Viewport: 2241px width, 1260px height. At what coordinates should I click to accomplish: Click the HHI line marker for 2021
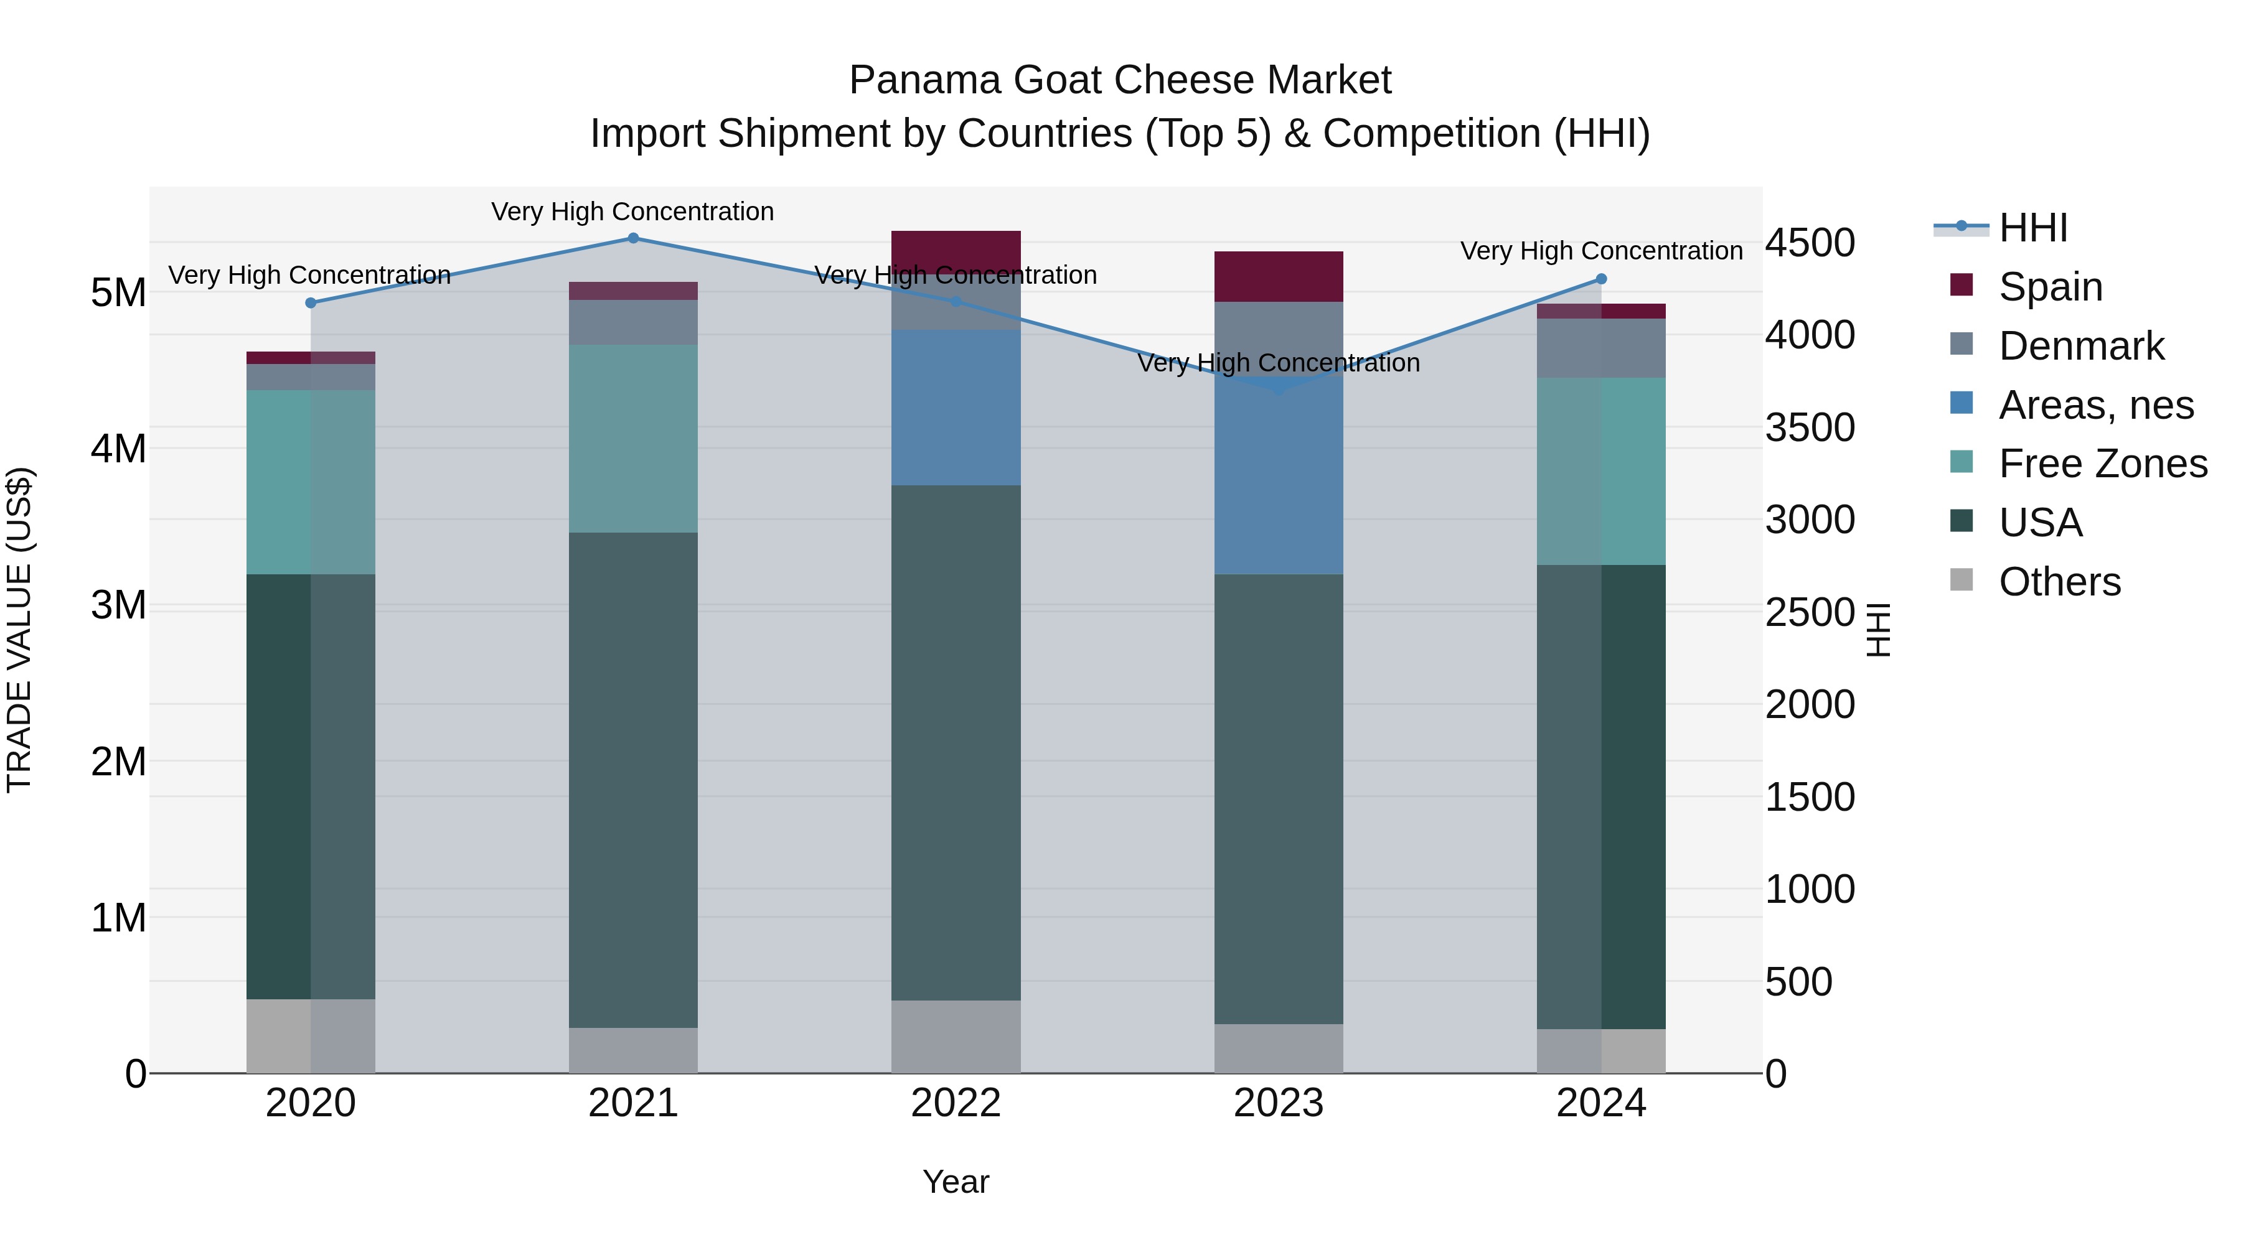click(x=633, y=238)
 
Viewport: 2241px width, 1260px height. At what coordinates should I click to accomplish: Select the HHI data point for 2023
click(x=1278, y=389)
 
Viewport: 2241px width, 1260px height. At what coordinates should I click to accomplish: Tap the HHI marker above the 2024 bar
click(x=1600, y=279)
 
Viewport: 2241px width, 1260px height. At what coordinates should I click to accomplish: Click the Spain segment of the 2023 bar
click(x=1278, y=276)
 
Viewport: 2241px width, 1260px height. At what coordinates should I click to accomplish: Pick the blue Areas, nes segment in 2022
click(x=955, y=407)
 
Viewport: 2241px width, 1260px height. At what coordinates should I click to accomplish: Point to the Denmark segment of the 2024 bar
click(x=1600, y=348)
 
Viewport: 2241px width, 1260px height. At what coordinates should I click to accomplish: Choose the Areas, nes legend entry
click(x=2095, y=405)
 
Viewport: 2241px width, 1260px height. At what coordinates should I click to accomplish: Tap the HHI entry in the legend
click(x=2032, y=228)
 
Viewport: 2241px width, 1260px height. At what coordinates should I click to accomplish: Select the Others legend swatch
click(x=1961, y=580)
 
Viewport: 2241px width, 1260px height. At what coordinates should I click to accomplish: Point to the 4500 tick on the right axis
click(x=1810, y=243)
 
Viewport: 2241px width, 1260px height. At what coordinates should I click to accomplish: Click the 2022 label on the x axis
click(x=955, y=1103)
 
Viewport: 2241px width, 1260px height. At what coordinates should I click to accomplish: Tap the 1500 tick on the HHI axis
click(x=1810, y=798)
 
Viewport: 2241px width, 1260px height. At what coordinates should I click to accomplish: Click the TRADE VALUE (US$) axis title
click(x=19, y=630)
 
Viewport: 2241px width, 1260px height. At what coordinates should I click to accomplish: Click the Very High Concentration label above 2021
click(x=632, y=212)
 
